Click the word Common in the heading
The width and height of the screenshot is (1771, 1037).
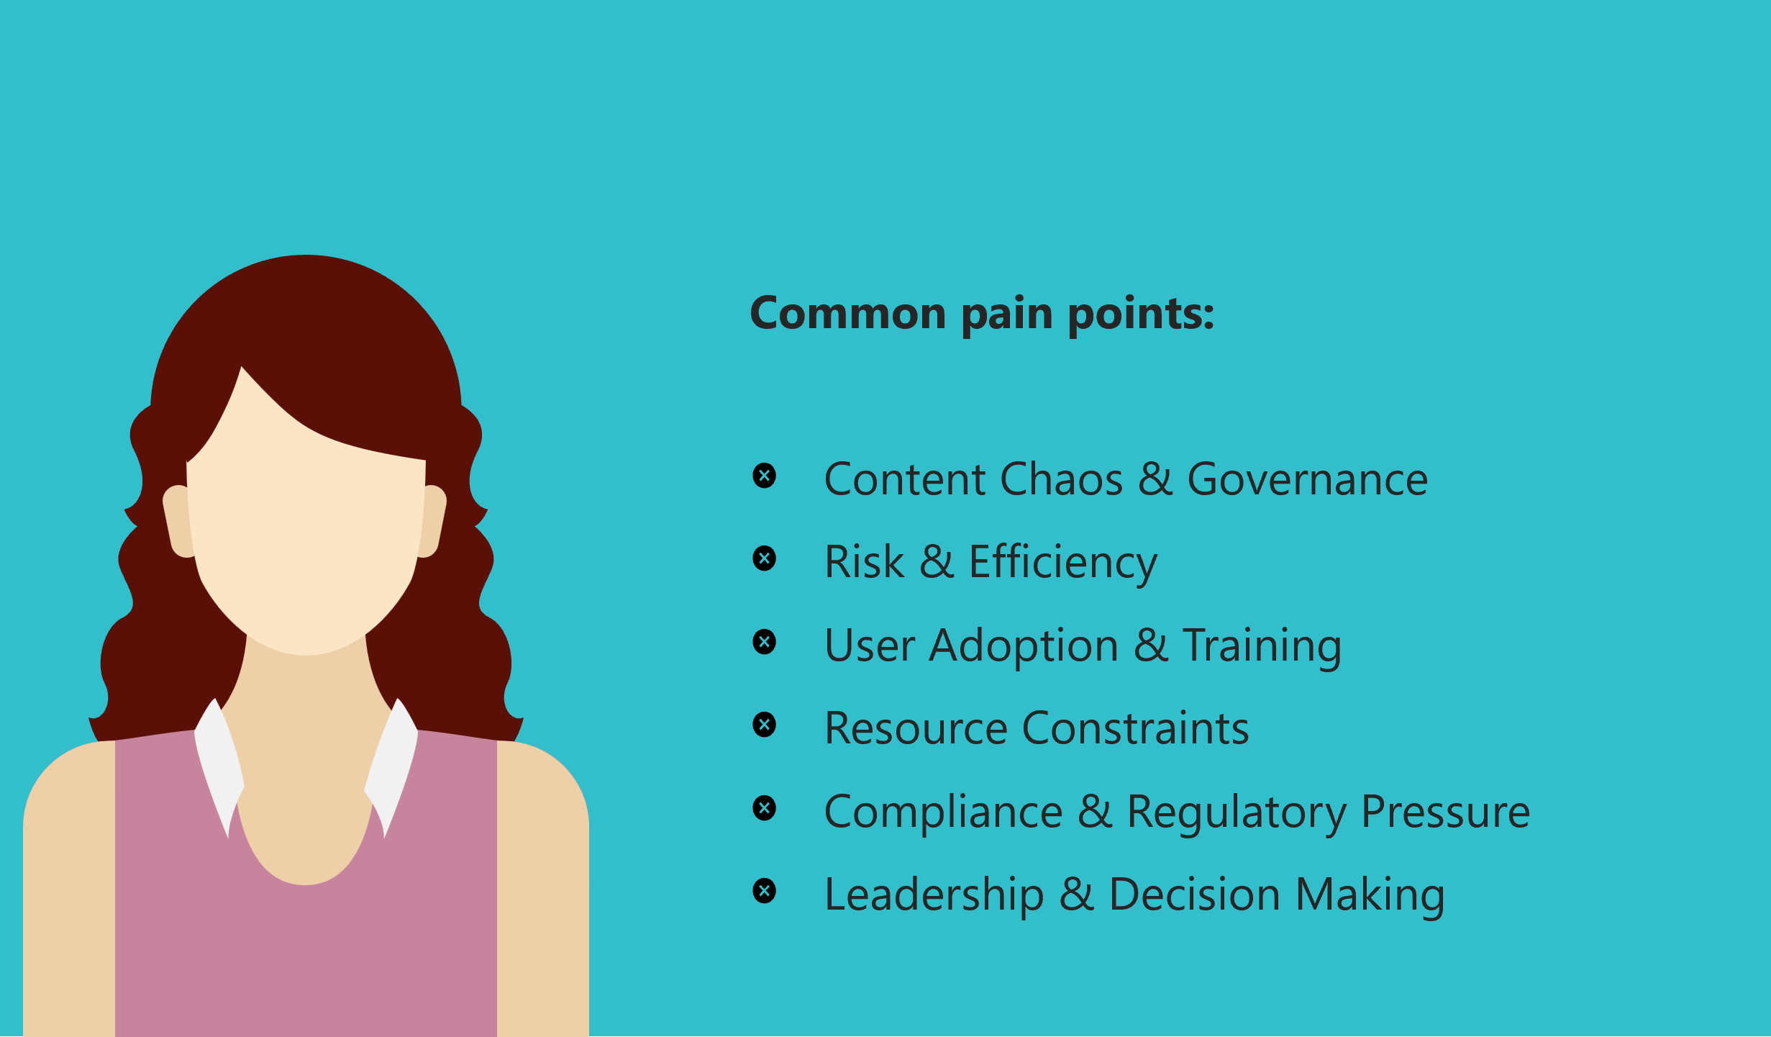pyautogui.click(x=847, y=314)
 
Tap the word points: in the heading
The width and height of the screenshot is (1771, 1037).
pyautogui.click(x=1141, y=314)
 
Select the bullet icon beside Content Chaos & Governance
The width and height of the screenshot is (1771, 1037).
pyautogui.click(x=764, y=476)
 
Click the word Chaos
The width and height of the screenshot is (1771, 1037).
pyautogui.click(x=1061, y=479)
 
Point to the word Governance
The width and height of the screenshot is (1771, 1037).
pyautogui.click(x=1307, y=479)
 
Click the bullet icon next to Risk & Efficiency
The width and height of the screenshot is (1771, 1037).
pyautogui.click(x=764, y=558)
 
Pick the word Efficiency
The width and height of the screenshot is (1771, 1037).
pyautogui.click(x=1062, y=563)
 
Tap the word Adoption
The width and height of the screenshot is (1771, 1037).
pyautogui.click(x=1023, y=646)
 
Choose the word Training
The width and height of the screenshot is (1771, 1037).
pyautogui.click(x=1262, y=646)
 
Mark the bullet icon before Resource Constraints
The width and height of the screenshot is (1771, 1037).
pyautogui.click(x=764, y=725)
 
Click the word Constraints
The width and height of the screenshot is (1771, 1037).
pyautogui.click(x=1135, y=728)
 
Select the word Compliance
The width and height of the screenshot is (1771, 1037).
pyautogui.click(x=943, y=812)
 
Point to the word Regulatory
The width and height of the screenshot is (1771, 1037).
pyautogui.click(x=1236, y=812)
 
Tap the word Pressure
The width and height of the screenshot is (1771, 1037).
pyautogui.click(x=1445, y=812)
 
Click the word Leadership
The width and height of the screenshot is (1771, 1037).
pyautogui.click(x=934, y=895)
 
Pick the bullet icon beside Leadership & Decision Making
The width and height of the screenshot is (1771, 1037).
pyautogui.click(x=764, y=891)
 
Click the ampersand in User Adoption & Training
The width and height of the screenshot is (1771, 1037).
pyautogui.click(x=1150, y=646)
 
